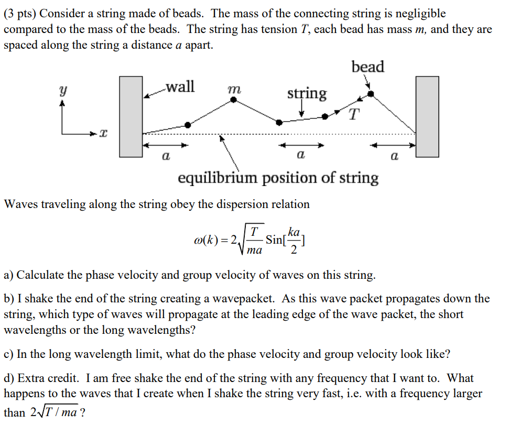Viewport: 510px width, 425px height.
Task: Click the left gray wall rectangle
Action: (x=131, y=116)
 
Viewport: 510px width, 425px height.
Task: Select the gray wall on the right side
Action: (x=427, y=116)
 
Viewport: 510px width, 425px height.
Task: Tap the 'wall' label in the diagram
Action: (x=180, y=86)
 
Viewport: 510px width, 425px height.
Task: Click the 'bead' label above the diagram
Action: (x=368, y=67)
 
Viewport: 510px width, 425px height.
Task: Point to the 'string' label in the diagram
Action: (x=307, y=94)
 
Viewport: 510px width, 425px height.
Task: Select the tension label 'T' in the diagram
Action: (x=354, y=115)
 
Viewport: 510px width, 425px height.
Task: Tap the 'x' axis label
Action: (x=103, y=135)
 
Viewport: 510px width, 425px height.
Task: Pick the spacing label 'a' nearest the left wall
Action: (x=165, y=156)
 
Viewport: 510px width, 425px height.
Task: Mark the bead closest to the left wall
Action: (x=188, y=125)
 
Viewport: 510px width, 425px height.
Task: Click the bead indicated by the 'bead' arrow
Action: (x=371, y=94)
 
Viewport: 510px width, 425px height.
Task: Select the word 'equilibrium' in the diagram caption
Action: (x=218, y=178)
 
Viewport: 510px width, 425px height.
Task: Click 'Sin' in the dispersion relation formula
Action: (x=274, y=240)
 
